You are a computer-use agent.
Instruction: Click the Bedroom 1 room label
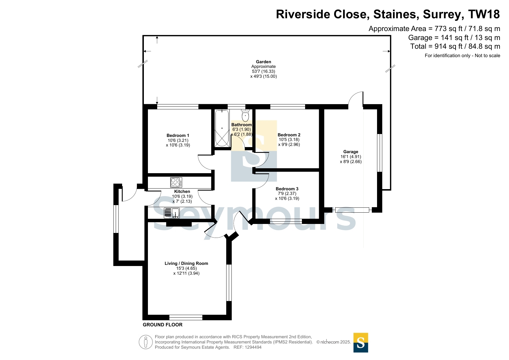coord(178,135)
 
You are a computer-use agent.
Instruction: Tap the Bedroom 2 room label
coord(289,135)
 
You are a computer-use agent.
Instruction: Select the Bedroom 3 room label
coord(287,189)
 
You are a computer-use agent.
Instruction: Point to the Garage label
coord(351,152)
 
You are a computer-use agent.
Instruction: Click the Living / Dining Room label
coord(186,263)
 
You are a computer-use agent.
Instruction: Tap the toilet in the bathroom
coord(245,115)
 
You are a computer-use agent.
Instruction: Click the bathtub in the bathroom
coord(222,128)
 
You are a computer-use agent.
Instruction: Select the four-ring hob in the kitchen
coord(176,182)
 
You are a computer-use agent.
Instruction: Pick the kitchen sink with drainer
coord(172,213)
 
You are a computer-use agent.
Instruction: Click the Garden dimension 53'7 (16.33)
coord(263,71)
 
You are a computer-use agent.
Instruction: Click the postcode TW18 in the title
coord(484,15)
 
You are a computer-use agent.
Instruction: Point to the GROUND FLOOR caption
coord(162,325)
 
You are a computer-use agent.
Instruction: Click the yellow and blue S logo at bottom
coord(361,343)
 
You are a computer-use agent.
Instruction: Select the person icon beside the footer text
coord(146,342)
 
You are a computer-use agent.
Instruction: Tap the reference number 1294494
coord(253,347)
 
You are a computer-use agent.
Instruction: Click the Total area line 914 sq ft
coord(455,46)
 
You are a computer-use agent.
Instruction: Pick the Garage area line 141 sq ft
coord(454,38)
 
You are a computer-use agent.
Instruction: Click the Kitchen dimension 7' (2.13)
coord(182,201)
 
